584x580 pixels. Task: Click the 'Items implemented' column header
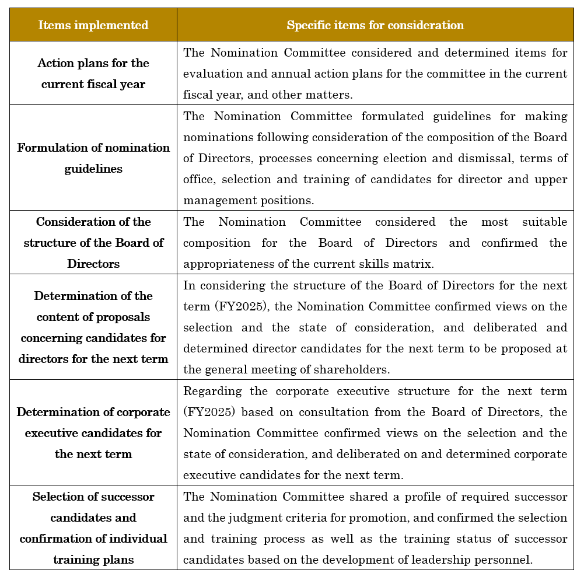[93, 25]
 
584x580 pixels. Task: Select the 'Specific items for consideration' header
[375, 25]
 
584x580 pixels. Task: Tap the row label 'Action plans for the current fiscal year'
[93, 74]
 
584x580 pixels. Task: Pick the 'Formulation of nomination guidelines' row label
[93, 158]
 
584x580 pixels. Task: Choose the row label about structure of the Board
[93, 243]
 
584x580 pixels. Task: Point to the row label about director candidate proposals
[93, 327]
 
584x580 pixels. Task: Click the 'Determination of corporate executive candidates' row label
[93, 433]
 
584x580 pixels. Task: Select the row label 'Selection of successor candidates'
[93, 528]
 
